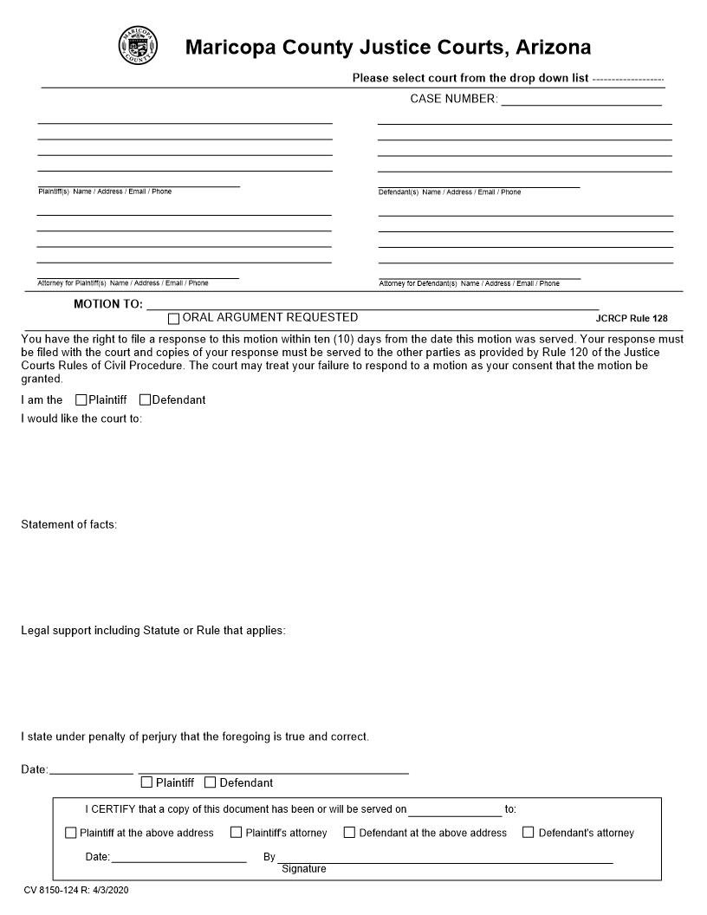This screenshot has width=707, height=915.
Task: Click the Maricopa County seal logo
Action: (138, 45)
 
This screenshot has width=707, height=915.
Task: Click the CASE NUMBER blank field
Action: (581, 99)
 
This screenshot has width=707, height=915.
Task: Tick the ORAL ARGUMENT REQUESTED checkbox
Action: (174, 319)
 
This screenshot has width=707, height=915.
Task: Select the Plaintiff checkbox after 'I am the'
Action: (81, 400)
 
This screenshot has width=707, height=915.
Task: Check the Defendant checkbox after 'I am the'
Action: (145, 400)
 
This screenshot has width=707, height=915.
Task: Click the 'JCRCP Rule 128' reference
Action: (631, 318)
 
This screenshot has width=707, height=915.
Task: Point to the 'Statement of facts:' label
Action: (68, 524)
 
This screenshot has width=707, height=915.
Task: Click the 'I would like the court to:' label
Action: (81, 419)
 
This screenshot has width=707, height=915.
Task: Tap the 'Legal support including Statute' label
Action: (152, 630)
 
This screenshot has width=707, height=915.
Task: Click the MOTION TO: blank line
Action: (373, 303)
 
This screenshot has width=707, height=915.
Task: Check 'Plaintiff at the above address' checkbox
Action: (71, 833)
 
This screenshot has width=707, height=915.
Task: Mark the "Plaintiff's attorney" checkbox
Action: (236, 833)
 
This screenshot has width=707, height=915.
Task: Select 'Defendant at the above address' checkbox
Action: (350, 833)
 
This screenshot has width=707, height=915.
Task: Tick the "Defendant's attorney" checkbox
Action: (529, 833)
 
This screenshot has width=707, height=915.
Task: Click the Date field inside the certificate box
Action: (178, 857)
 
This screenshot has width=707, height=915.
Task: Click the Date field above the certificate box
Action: (91, 769)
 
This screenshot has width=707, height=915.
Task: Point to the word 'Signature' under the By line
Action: (304, 869)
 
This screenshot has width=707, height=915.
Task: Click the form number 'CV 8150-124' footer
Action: (76, 890)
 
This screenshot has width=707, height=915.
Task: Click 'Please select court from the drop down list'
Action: (470, 78)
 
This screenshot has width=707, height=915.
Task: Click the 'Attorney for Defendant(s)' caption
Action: (469, 283)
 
